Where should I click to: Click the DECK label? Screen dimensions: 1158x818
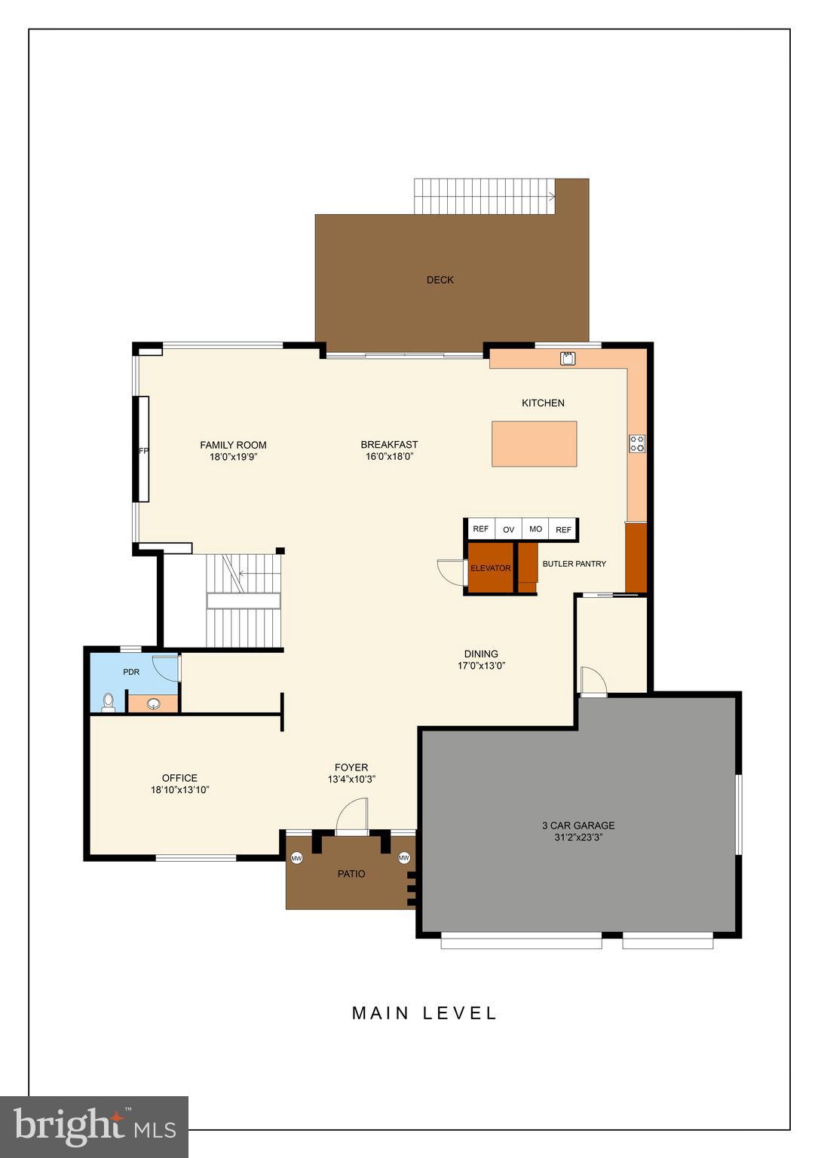440,280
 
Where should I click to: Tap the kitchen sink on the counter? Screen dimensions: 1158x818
568,358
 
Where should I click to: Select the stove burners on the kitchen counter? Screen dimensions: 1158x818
637,443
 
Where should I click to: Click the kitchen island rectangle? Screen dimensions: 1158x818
534,443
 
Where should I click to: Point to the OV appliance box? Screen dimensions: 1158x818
508,529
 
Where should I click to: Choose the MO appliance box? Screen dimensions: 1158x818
535,529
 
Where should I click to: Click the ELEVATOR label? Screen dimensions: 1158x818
490,568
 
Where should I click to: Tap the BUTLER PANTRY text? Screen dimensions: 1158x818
574,564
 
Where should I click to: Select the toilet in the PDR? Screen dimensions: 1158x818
109,703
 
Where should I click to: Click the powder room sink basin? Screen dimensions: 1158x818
154,704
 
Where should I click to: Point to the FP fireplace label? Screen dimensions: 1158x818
142,451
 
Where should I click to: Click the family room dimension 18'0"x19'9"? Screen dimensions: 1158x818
233,457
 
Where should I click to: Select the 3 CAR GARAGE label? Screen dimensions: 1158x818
578,826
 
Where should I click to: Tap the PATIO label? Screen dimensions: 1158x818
351,875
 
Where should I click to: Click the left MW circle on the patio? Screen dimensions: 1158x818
296,858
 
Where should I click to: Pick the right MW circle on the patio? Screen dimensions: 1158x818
404,858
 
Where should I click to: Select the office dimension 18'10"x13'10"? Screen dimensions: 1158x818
179,790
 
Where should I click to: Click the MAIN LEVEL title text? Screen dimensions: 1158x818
424,1013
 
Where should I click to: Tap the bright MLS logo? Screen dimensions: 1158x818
94,1126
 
